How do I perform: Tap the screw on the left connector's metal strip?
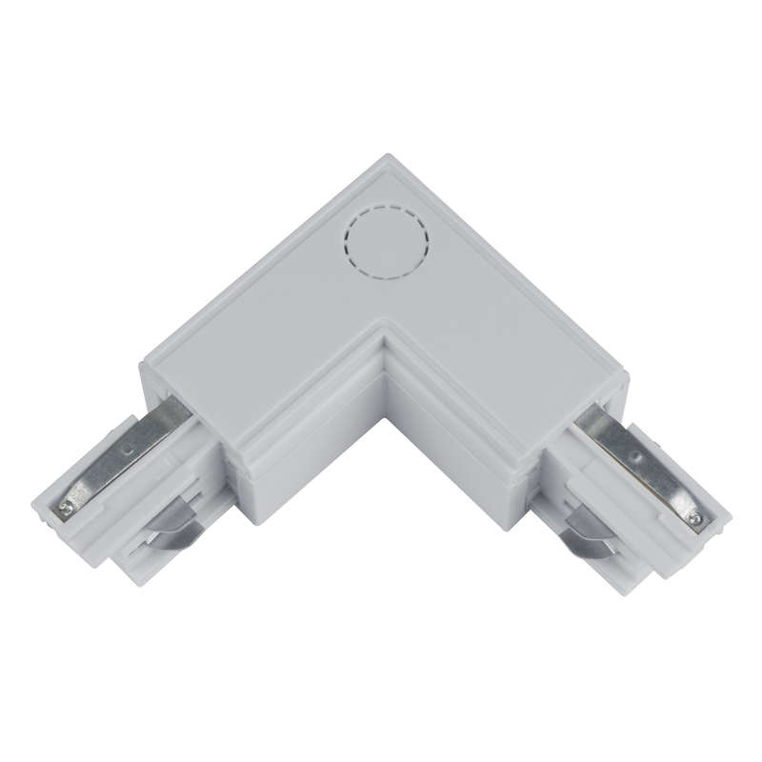point(66,508)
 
